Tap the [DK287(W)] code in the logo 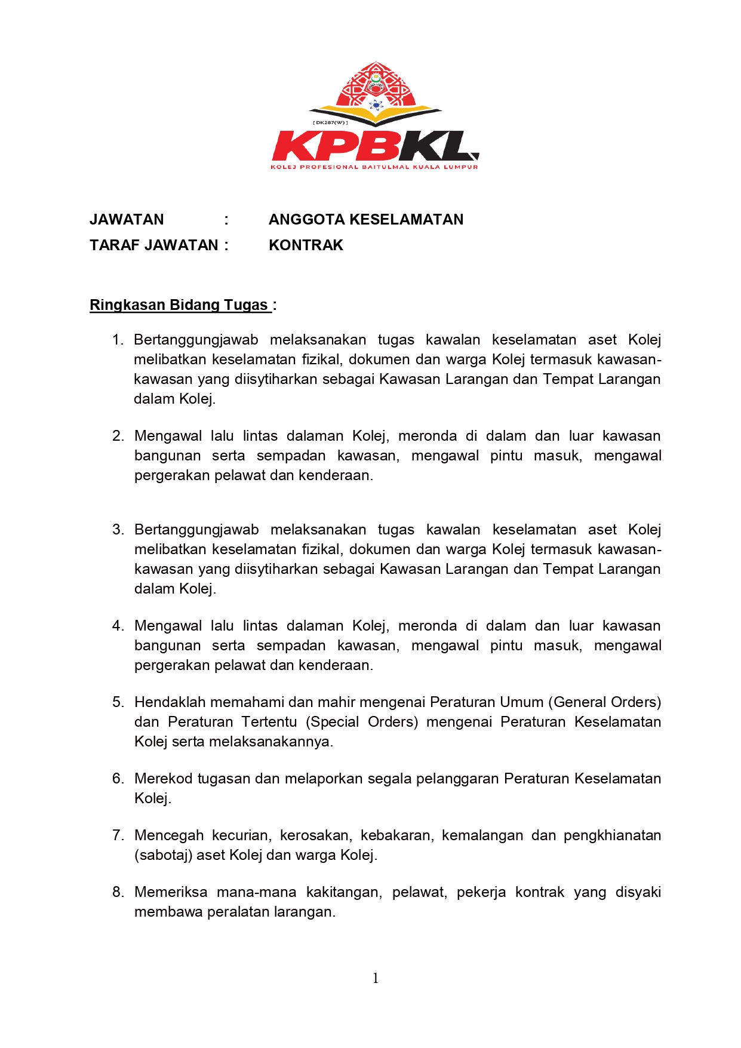pos(330,122)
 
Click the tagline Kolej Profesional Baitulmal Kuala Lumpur pos(374,167)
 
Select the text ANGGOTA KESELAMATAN pos(365,220)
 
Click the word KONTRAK pos(306,245)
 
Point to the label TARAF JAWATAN pos(154,245)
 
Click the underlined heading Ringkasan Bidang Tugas pos(179,305)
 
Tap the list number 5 pos(118,702)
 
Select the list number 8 pos(118,892)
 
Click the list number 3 pos(118,530)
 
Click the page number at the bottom pos(375,978)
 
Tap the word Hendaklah pos(170,702)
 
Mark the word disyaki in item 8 pos(638,892)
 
